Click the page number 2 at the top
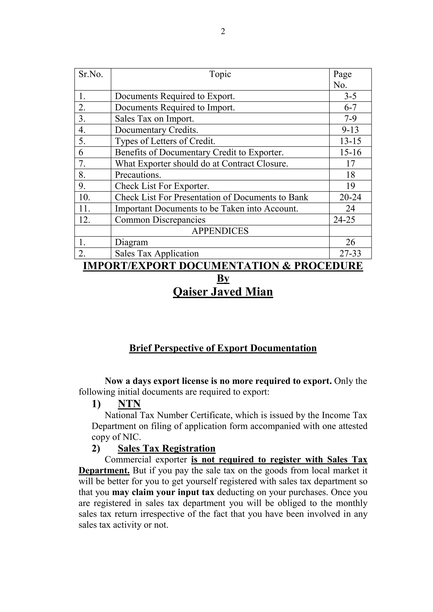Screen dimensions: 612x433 (x=223, y=31)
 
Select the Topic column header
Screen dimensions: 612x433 (x=220, y=74)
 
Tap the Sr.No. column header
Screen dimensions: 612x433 (x=91, y=74)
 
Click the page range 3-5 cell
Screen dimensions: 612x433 (x=350, y=96)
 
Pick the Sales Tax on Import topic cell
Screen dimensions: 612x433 (x=154, y=119)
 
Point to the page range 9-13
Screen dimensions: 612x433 (x=350, y=130)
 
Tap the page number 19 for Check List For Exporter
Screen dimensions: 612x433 (x=350, y=186)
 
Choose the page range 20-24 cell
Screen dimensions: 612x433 (x=350, y=197)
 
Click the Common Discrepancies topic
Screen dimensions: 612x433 (x=160, y=220)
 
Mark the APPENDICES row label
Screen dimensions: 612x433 (x=220, y=231)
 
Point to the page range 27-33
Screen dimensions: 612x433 (x=350, y=253)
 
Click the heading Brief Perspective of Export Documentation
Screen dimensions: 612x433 (x=223, y=348)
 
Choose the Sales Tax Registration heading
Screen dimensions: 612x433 (x=166, y=448)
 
